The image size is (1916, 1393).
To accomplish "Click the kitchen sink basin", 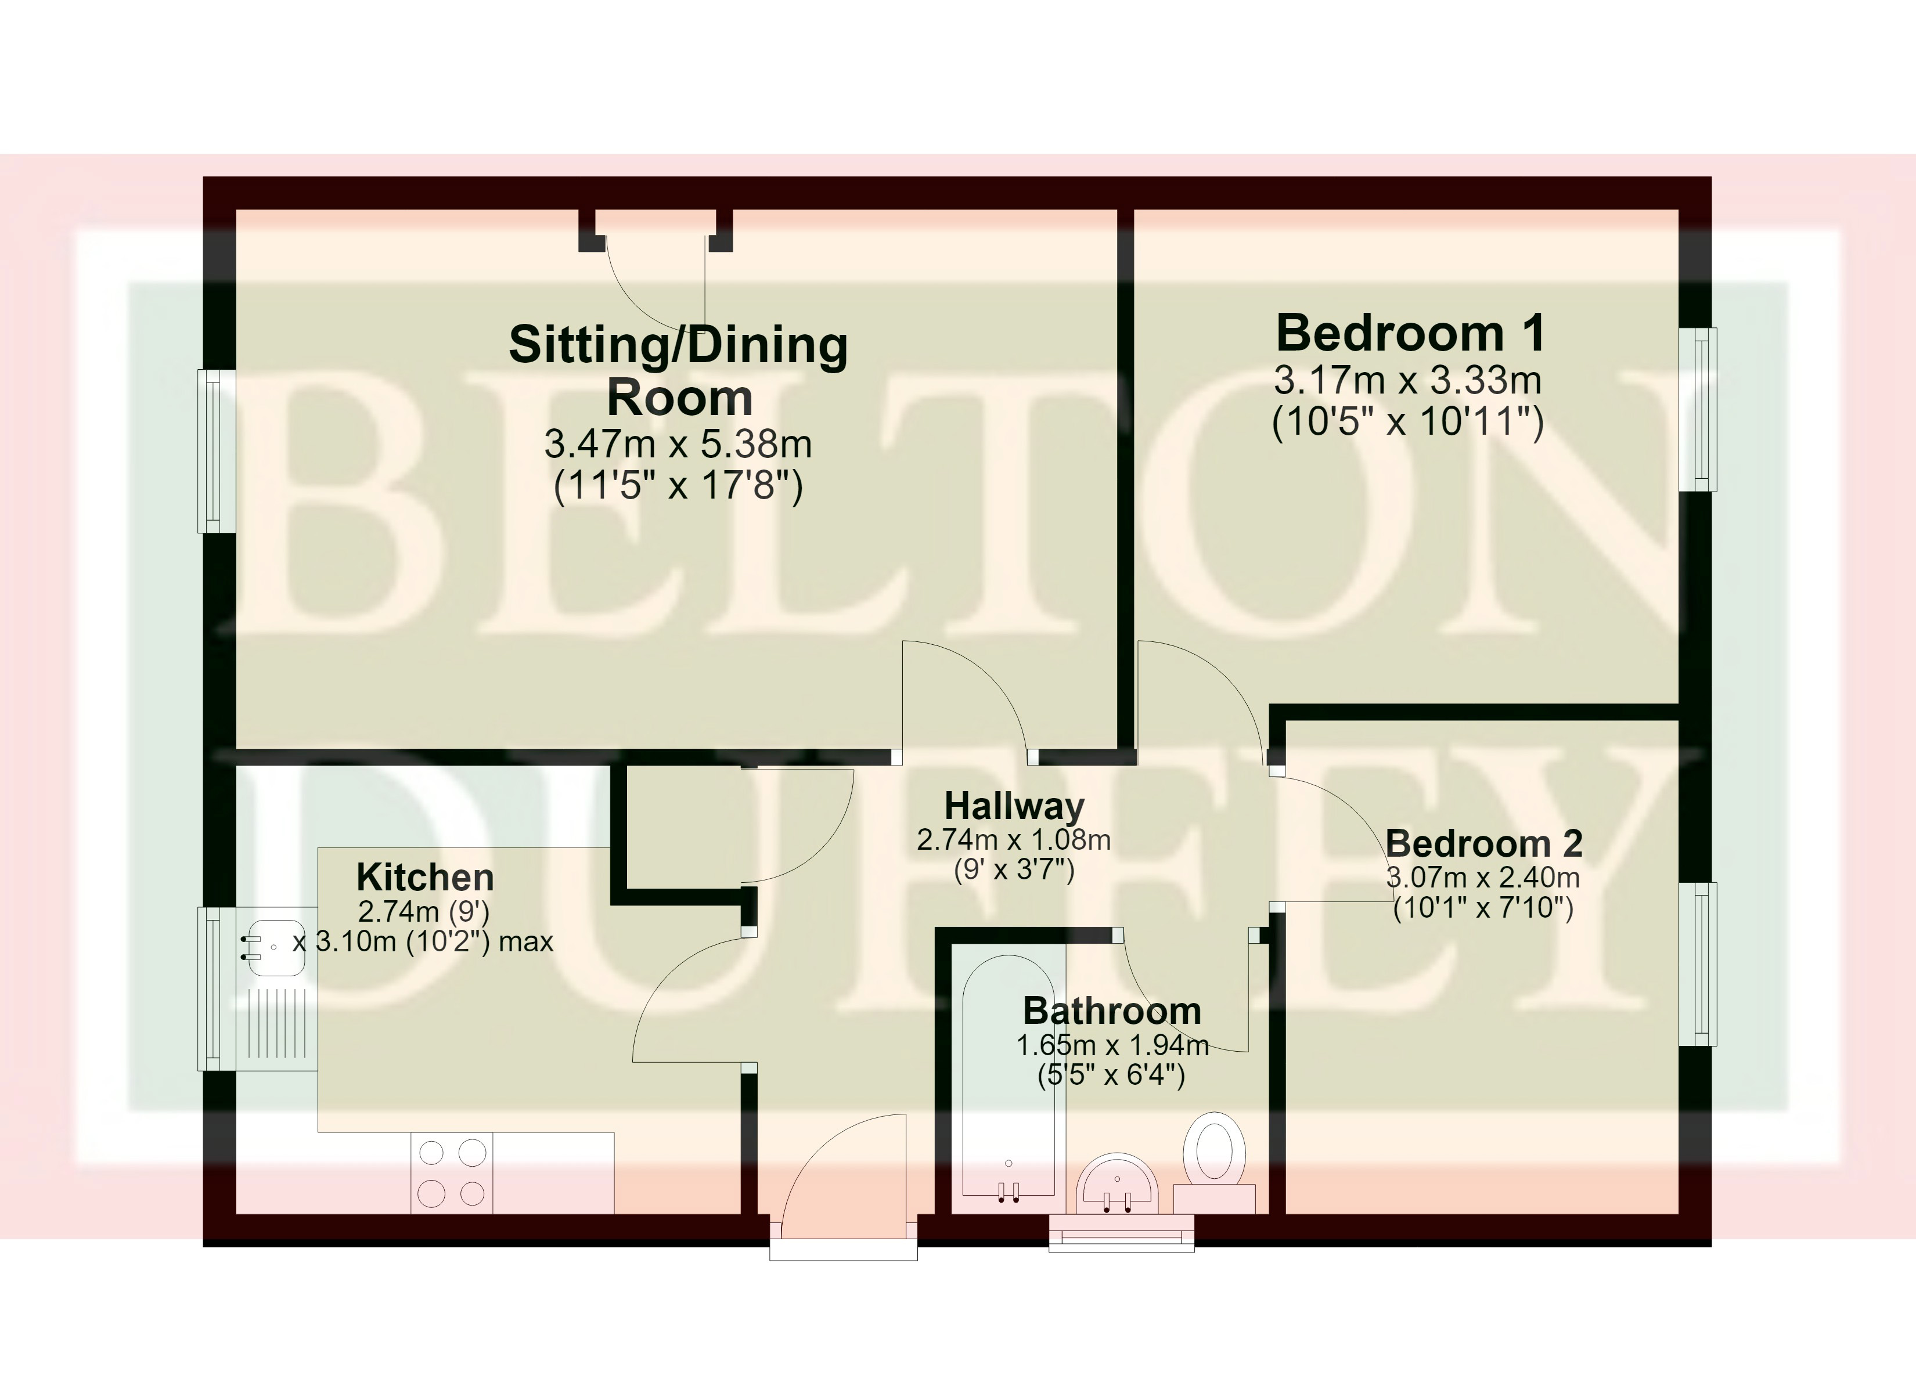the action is [272, 947].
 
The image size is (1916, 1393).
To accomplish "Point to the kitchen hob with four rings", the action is [453, 1172].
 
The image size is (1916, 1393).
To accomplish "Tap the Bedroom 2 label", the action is [1483, 843].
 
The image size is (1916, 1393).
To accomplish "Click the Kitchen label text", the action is [425, 878].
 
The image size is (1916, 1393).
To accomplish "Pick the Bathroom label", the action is [1112, 1011].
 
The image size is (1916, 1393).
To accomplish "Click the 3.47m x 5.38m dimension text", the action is [678, 443].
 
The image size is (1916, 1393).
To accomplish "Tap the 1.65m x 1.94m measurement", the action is [1112, 1046].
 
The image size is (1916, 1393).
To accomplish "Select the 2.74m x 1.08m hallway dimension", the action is [1014, 840].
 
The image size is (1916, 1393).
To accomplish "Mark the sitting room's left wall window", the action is [216, 450].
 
